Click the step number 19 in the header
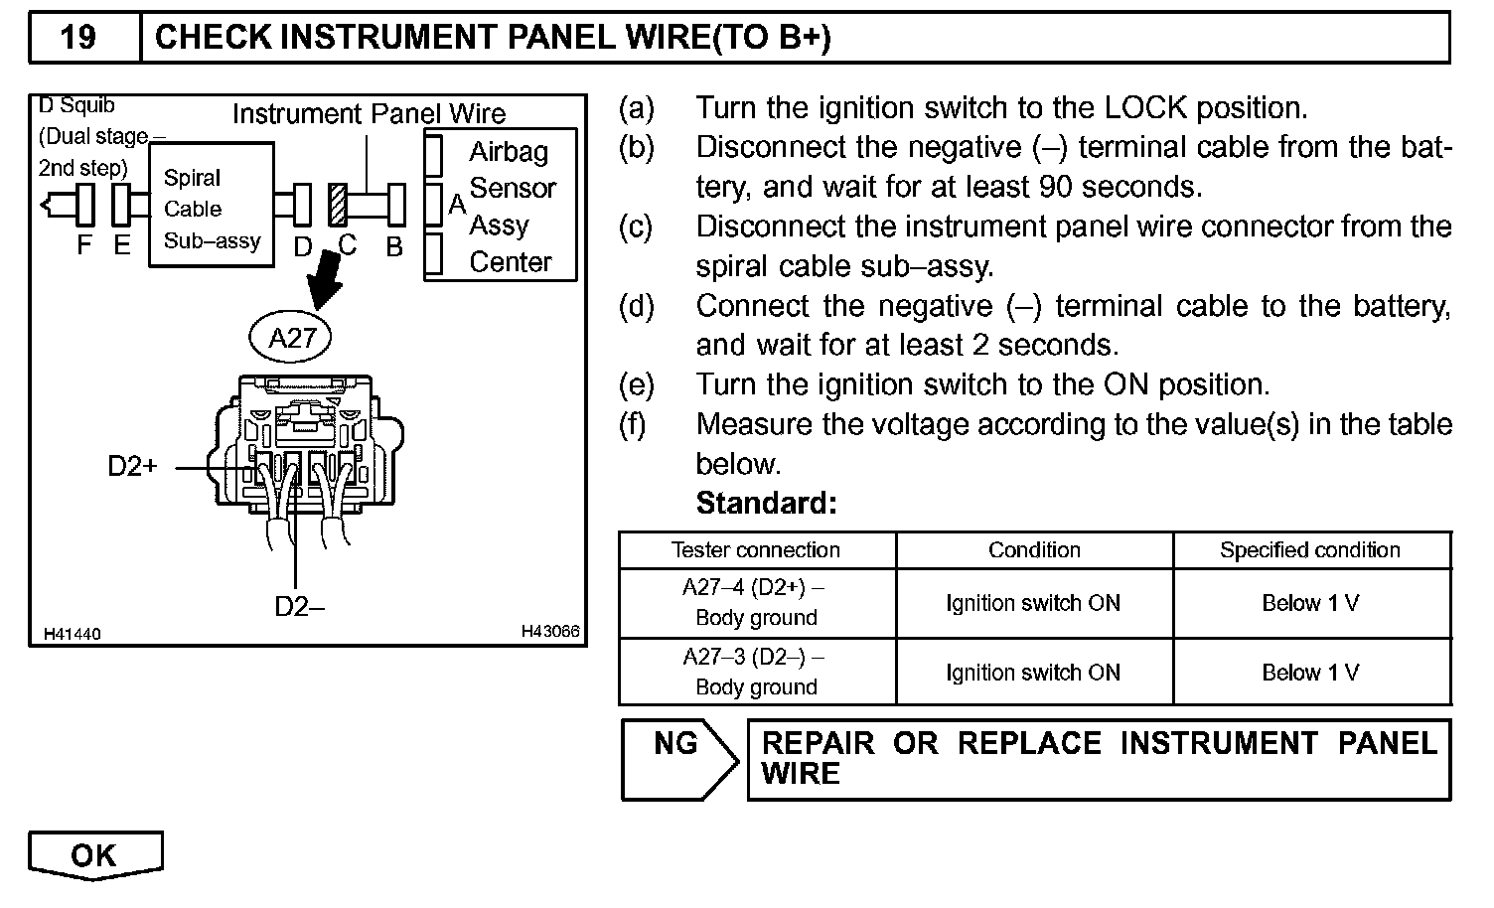click(78, 38)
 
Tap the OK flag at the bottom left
click(94, 855)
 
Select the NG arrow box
click(679, 759)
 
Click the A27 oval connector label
click(292, 338)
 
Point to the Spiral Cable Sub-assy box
click(212, 206)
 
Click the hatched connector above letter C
click(339, 206)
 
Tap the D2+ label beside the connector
click(133, 466)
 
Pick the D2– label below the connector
click(299, 606)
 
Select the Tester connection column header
click(756, 550)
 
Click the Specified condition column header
click(1310, 550)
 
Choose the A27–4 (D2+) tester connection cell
click(756, 602)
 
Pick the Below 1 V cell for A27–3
click(1310, 673)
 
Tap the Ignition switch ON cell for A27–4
click(1033, 603)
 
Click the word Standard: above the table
click(767, 504)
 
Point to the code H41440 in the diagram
click(72, 634)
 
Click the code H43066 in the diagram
click(550, 632)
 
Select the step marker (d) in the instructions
click(636, 306)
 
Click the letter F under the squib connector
click(84, 245)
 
